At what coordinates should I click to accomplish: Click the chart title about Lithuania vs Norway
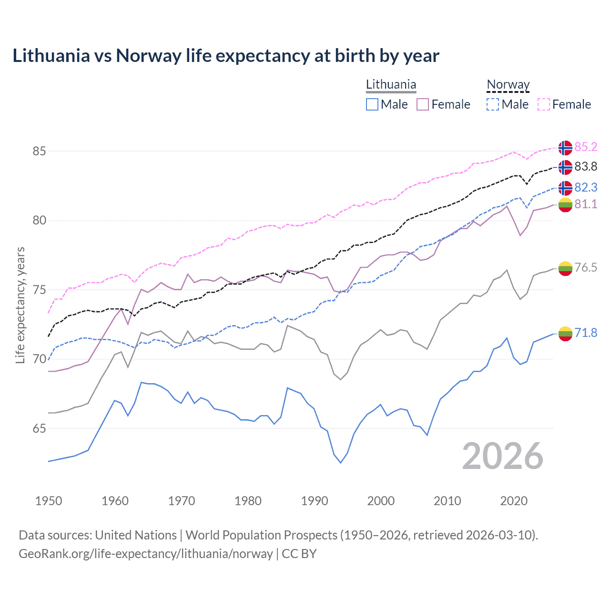(225, 56)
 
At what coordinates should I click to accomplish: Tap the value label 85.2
(586, 147)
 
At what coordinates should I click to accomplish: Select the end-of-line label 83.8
(586, 166)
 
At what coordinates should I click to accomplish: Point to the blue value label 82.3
(586, 187)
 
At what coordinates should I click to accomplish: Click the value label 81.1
(586, 204)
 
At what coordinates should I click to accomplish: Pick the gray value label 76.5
(586, 267)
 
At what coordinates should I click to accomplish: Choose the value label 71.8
(586, 333)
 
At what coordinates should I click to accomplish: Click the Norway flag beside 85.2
(565, 148)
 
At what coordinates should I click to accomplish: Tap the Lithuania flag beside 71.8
(565, 334)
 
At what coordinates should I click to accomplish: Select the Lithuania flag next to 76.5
(565, 268)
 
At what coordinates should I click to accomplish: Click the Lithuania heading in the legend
(391, 85)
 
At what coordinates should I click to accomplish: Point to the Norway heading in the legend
(508, 85)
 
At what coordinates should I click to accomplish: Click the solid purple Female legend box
(423, 104)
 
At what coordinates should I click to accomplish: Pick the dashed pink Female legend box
(544, 104)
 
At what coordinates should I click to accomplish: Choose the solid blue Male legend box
(372, 104)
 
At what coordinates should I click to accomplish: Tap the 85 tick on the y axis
(39, 151)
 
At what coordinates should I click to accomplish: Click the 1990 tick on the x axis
(315, 501)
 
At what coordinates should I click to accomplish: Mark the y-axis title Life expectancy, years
(20, 305)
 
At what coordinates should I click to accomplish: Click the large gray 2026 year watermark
(502, 457)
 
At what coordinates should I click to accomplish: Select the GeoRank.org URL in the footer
(146, 554)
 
